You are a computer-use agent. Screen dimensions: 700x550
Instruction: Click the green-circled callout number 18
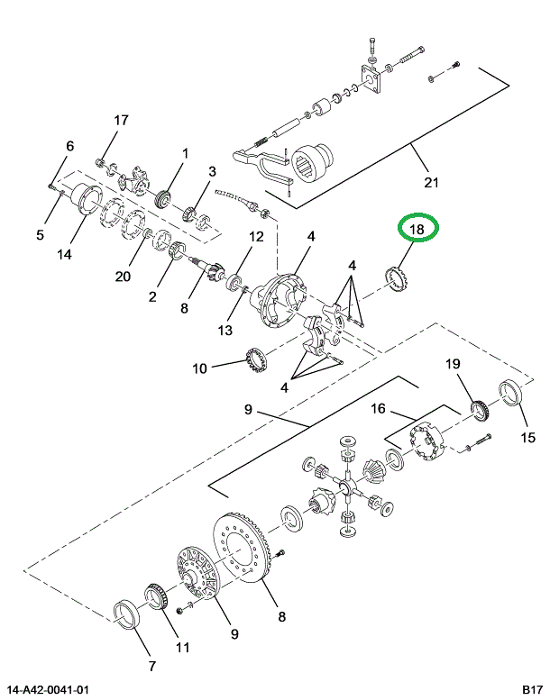tap(417, 231)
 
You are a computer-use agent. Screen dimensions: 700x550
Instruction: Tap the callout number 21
tap(431, 183)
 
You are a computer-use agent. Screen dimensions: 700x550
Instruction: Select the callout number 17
tap(121, 121)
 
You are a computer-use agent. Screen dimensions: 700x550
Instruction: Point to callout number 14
tap(63, 254)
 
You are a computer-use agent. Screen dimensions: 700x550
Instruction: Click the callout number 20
tap(123, 277)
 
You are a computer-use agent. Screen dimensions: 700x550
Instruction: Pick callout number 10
tap(199, 368)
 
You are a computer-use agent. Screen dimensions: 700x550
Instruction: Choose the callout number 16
tap(379, 409)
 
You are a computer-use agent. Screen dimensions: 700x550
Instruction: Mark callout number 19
tap(453, 364)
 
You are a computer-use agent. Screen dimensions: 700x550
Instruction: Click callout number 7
tap(151, 666)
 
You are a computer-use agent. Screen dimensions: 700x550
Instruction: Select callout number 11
tap(183, 648)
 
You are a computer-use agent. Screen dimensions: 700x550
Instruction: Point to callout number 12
tap(256, 238)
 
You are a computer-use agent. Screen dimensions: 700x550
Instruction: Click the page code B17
tap(531, 690)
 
